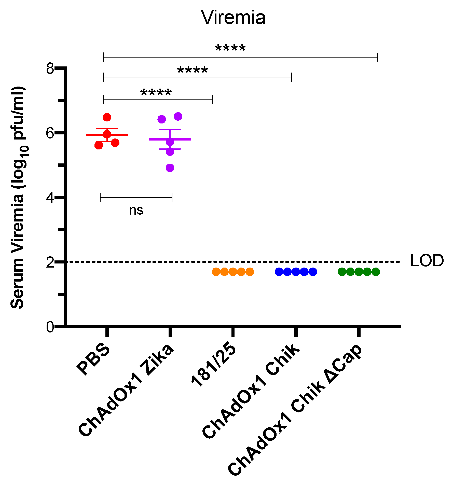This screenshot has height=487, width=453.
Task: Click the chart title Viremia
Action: (233, 18)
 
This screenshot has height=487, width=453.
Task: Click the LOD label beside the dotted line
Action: (427, 261)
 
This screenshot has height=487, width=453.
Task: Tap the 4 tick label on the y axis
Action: (50, 198)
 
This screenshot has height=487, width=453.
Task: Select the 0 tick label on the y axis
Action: (50, 327)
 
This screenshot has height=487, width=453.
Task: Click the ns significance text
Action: (136, 210)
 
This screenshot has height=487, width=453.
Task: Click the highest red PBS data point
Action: (107, 117)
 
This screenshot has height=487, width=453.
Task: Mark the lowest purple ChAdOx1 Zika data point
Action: (170, 168)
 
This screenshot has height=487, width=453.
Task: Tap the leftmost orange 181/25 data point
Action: (216, 272)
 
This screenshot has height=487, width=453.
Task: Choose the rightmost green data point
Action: (376, 272)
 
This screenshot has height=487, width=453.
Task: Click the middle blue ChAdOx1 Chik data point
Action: (296, 272)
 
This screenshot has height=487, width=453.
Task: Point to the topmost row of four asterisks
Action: (230, 48)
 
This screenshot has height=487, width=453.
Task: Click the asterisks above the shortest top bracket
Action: (156, 93)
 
